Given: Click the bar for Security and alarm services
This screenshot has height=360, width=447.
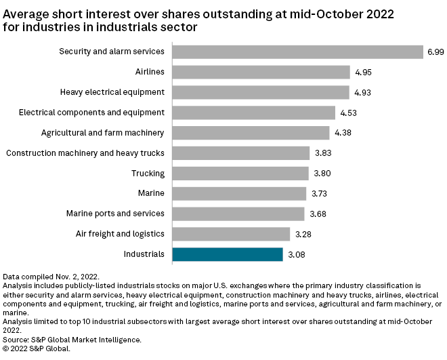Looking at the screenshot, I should pos(298,52).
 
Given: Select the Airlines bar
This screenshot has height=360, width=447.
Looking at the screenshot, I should pos(261,72).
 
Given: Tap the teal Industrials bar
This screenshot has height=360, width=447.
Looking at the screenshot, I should pos(228,254).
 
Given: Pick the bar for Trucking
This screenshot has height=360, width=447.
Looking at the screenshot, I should pos(240,174).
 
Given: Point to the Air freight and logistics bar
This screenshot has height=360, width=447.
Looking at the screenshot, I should pos(231,234).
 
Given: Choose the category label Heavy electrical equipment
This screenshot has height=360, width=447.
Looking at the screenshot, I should pos(112,92).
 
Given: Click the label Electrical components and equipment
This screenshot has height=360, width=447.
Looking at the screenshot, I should pos(91,113).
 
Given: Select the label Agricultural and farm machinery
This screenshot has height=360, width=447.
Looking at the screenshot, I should pos(102,133).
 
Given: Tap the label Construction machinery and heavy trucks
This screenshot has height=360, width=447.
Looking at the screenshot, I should pos(85,153).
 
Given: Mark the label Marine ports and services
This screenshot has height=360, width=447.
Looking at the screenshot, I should pos(115,214).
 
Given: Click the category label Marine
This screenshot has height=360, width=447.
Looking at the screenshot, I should pos(150,193).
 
